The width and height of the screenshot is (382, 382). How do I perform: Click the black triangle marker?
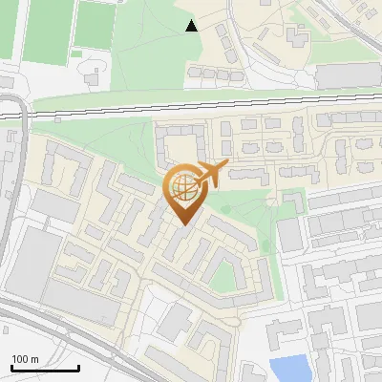[192, 26]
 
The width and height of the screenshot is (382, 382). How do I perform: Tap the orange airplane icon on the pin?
[211, 175]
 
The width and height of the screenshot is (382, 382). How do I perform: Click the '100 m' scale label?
[25, 359]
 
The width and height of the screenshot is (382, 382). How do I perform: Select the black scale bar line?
[45, 369]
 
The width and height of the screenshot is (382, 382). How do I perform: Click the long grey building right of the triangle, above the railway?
[348, 74]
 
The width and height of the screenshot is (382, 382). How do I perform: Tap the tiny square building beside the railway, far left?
[58, 120]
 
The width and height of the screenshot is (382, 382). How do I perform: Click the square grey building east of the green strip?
[289, 235]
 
